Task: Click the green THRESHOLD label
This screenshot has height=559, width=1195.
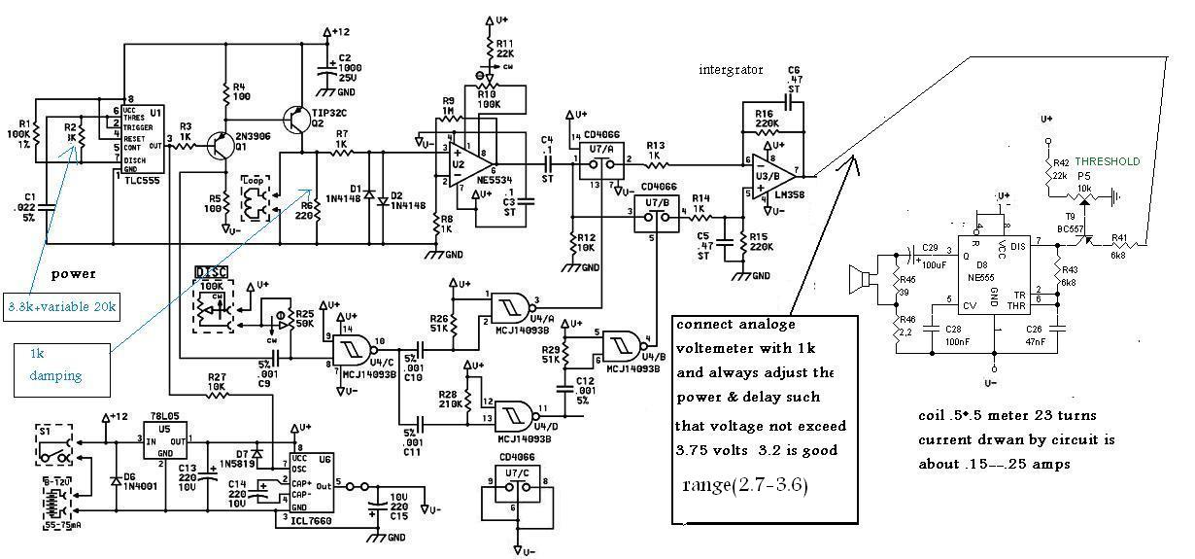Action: (1107, 161)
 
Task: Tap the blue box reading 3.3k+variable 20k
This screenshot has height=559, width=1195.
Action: (59, 307)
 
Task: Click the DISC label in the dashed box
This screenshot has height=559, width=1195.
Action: (212, 271)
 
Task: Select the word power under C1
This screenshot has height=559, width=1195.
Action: (74, 274)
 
